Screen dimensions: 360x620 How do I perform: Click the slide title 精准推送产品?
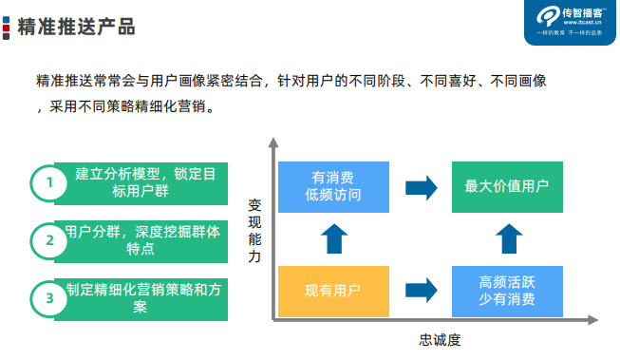tap(77, 27)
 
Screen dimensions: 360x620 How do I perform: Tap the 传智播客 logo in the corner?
tap(569, 22)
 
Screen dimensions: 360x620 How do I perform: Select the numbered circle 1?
tap(48, 183)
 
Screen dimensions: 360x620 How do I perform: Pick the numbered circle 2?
tap(48, 240)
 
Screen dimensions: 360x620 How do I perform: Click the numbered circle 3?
tap(48, 298)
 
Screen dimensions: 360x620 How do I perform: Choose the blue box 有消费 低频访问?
tap(333, 187)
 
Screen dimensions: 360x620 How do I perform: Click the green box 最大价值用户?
tap(506, 187)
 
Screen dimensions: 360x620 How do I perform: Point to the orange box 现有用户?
tap(333, 292)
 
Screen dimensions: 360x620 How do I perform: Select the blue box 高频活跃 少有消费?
tap(506, 292)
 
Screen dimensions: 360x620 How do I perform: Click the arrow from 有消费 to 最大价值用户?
tap(420, 187)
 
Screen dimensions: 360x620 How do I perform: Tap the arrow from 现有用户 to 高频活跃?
tap(420, 292)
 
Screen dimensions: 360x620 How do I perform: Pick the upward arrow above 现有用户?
tap(333, 239)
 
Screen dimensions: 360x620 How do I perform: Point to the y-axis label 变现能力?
tap(254, 231)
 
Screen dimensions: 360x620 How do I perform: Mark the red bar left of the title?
tap(9, 27)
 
